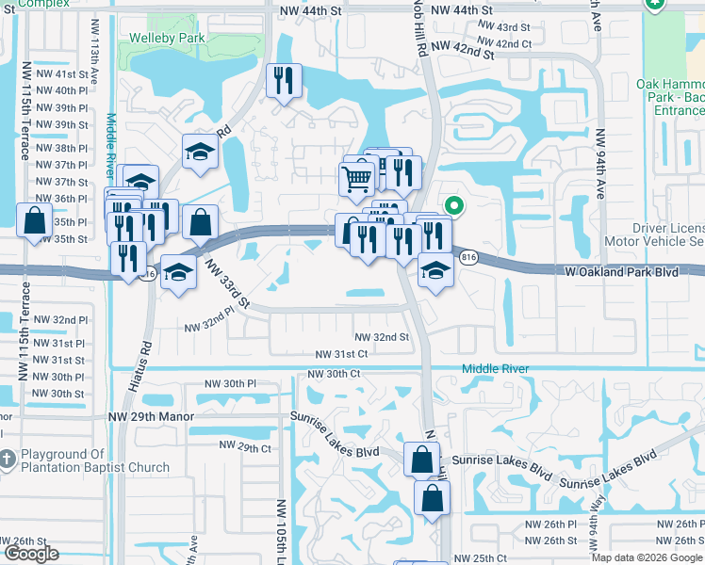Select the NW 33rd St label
point(229,286)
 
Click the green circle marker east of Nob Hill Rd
point(453,204)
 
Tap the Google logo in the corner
point(32,554)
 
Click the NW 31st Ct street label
point(341,353)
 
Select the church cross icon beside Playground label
point(6,459)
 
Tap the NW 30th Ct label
point(334,374)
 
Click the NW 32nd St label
point(382,336)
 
